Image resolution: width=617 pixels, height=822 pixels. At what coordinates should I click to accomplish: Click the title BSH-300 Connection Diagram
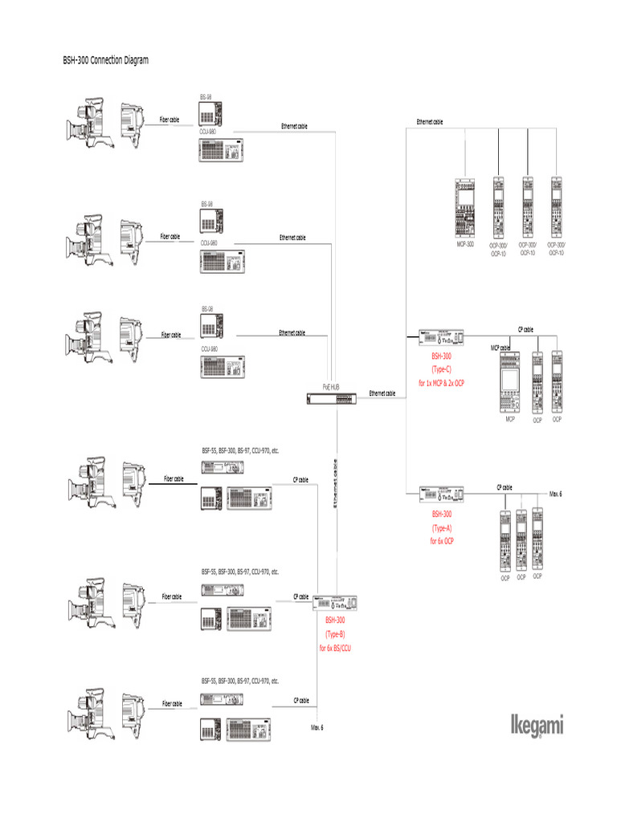[x=105, y=60]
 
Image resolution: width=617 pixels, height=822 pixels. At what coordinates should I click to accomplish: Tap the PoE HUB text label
[x=332, y=386]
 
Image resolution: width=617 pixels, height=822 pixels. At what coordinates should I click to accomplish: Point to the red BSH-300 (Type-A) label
[x=442, y=527]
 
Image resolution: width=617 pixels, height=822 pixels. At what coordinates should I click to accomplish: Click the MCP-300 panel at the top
[x=465, y=206]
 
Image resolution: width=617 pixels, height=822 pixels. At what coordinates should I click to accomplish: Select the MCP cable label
[x=501, y=348]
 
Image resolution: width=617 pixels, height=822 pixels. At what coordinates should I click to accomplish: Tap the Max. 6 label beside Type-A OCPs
[x=555, y=492]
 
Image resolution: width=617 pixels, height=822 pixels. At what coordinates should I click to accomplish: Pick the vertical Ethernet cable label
[x=336, y=482]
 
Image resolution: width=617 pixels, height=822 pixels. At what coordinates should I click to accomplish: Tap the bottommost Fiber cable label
[x=172, y=703]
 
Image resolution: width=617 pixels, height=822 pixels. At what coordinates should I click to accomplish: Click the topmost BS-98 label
[x=206, y=96]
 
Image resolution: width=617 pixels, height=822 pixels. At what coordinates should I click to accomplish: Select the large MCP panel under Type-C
[x=510, y=383]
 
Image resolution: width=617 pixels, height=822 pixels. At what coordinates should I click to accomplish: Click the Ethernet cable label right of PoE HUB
[x=382, y=393]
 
